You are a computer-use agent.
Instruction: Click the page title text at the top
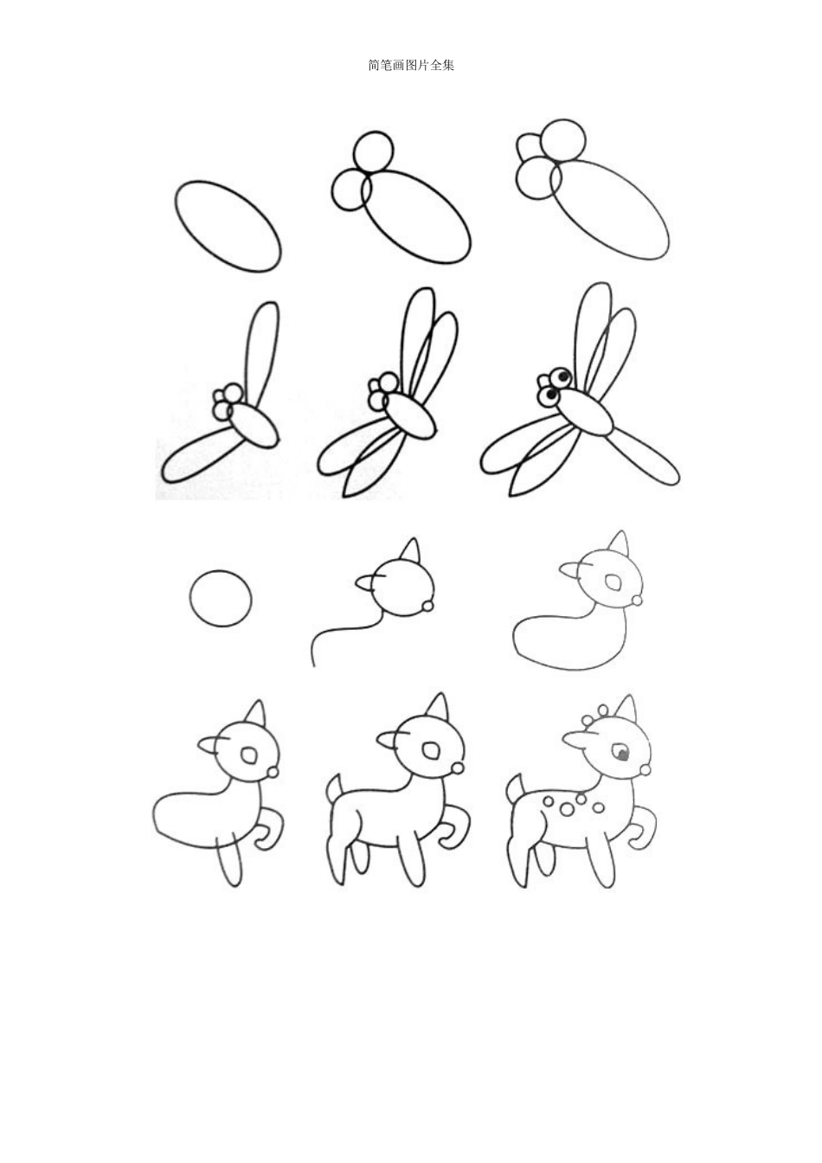[411, 66]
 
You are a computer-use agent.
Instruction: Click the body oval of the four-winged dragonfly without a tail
[410, 417]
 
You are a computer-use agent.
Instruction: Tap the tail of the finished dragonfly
[645, 458]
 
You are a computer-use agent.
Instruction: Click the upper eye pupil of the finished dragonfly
[564, 373]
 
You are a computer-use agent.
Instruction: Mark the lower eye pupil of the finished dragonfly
[551, 395]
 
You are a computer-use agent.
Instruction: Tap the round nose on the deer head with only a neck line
[428, 606]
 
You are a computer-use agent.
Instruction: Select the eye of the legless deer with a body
[614, 582]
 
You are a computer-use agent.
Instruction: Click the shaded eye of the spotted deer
[620, 752]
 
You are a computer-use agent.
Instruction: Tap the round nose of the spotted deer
[645, 770]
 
